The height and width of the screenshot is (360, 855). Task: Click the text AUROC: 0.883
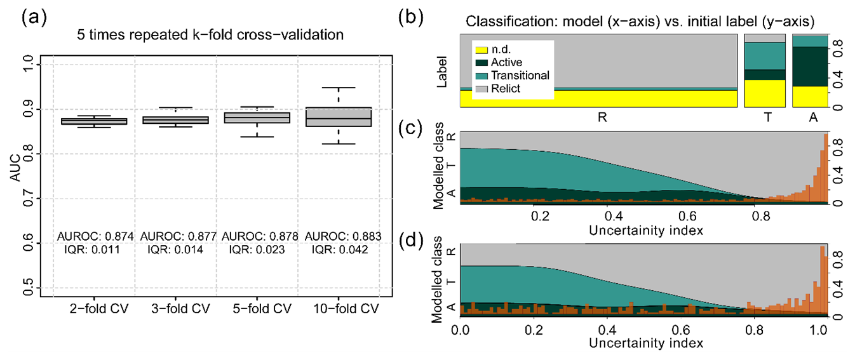tap(343, 236)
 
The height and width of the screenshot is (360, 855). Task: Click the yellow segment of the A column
tap(810, 96)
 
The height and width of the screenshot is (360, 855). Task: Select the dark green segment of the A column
tap(810, 66)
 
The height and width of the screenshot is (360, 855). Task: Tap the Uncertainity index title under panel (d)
tap(645, 343)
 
